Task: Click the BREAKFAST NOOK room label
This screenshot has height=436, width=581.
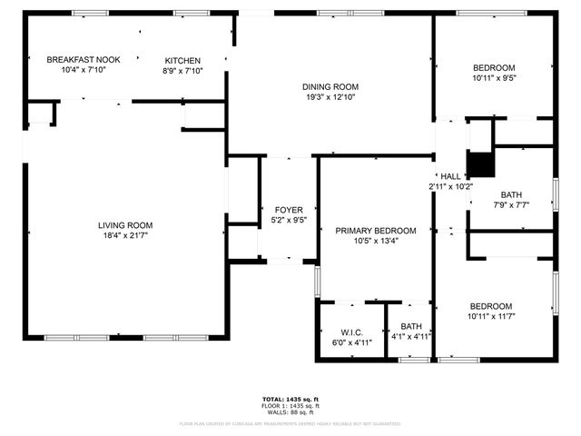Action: (83, 59)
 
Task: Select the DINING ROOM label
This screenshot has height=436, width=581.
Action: (324, 86)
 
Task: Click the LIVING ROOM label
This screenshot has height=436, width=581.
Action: (125, 225)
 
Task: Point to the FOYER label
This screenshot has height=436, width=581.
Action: (289, 210)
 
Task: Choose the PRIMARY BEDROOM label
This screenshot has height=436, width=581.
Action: (376, 231)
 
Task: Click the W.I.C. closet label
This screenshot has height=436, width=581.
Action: (351, 332)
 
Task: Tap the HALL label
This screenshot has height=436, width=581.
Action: (450, 176)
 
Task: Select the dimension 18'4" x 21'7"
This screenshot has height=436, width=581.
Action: (125, 236)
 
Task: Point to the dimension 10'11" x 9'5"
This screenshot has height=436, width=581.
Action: (494, 78)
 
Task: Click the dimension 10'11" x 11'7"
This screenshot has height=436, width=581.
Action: (490, 316)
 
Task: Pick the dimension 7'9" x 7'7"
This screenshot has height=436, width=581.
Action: (511, 205)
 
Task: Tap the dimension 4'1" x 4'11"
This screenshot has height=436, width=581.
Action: (411, 336)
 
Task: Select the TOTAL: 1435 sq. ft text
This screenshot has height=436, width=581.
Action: (290, 399)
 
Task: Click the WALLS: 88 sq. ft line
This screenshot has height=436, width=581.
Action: (290, 412)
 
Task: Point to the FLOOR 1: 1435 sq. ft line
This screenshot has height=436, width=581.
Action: (290, 406)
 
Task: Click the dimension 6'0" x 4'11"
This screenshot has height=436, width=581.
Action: (351, 342)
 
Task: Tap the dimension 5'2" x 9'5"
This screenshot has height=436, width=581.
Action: (289, 220)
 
